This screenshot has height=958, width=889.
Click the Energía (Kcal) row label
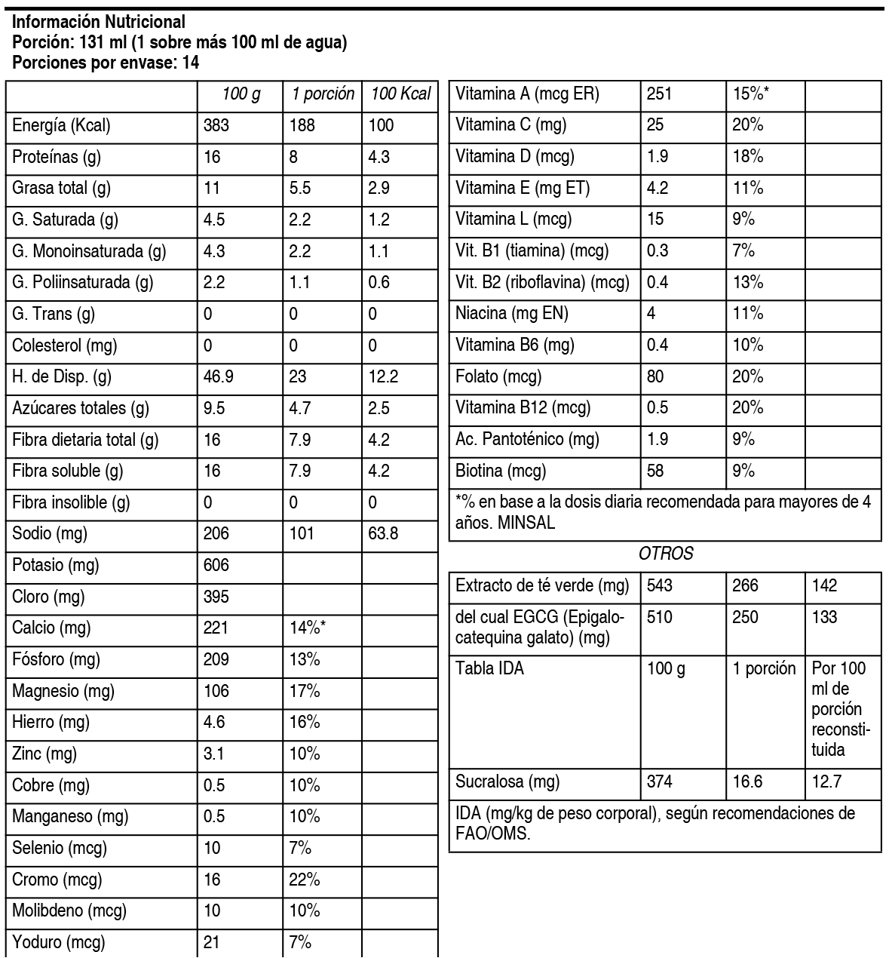click(61, 125)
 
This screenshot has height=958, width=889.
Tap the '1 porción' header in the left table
click(323, 94)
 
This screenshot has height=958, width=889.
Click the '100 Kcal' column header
click(400, 94)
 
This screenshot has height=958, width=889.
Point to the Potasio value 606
click(216, 566)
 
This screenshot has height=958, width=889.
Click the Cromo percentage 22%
click(305, 880)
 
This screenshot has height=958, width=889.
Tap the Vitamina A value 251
click(659, 94)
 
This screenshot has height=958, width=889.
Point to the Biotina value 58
click(655, 471)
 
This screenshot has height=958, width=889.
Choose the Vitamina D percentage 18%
click(748, 157)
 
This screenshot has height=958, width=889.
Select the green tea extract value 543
click(659, 586)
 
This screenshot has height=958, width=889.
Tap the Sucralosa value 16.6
click(747, 781)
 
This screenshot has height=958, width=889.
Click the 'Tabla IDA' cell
click(489, 668)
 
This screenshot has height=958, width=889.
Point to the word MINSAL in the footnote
click(526, 524)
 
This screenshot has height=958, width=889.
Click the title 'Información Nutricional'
click(99, 23)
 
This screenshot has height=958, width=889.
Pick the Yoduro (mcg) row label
click(59, 942)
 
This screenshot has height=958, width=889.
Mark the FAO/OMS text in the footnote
click(493, 834)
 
